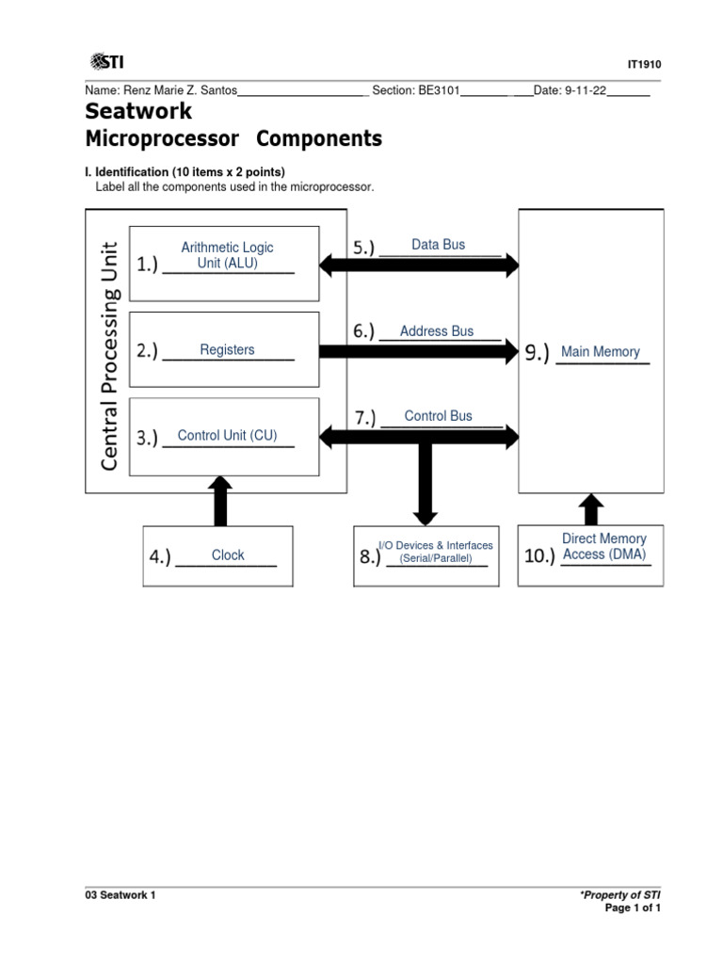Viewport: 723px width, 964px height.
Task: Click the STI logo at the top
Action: [107, 62]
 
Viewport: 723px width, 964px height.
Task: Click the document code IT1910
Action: [645, 64]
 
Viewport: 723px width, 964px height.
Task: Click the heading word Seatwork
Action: [138, 112]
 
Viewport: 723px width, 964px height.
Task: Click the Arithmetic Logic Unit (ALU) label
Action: [227, 255]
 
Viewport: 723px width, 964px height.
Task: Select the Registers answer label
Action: [227, 350]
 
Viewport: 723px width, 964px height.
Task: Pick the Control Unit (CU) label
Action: [227, 435]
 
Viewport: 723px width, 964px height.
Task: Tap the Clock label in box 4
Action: [228, 555]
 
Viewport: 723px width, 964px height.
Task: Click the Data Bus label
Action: [438, 245]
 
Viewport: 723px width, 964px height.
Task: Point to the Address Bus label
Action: [437, 331]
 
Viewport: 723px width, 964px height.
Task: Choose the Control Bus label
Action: [438, 416]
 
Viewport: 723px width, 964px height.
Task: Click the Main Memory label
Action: [600, 352]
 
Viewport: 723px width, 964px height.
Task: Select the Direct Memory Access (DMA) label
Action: [603, 547]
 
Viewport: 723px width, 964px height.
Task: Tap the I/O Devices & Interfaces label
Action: [435, 552]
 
